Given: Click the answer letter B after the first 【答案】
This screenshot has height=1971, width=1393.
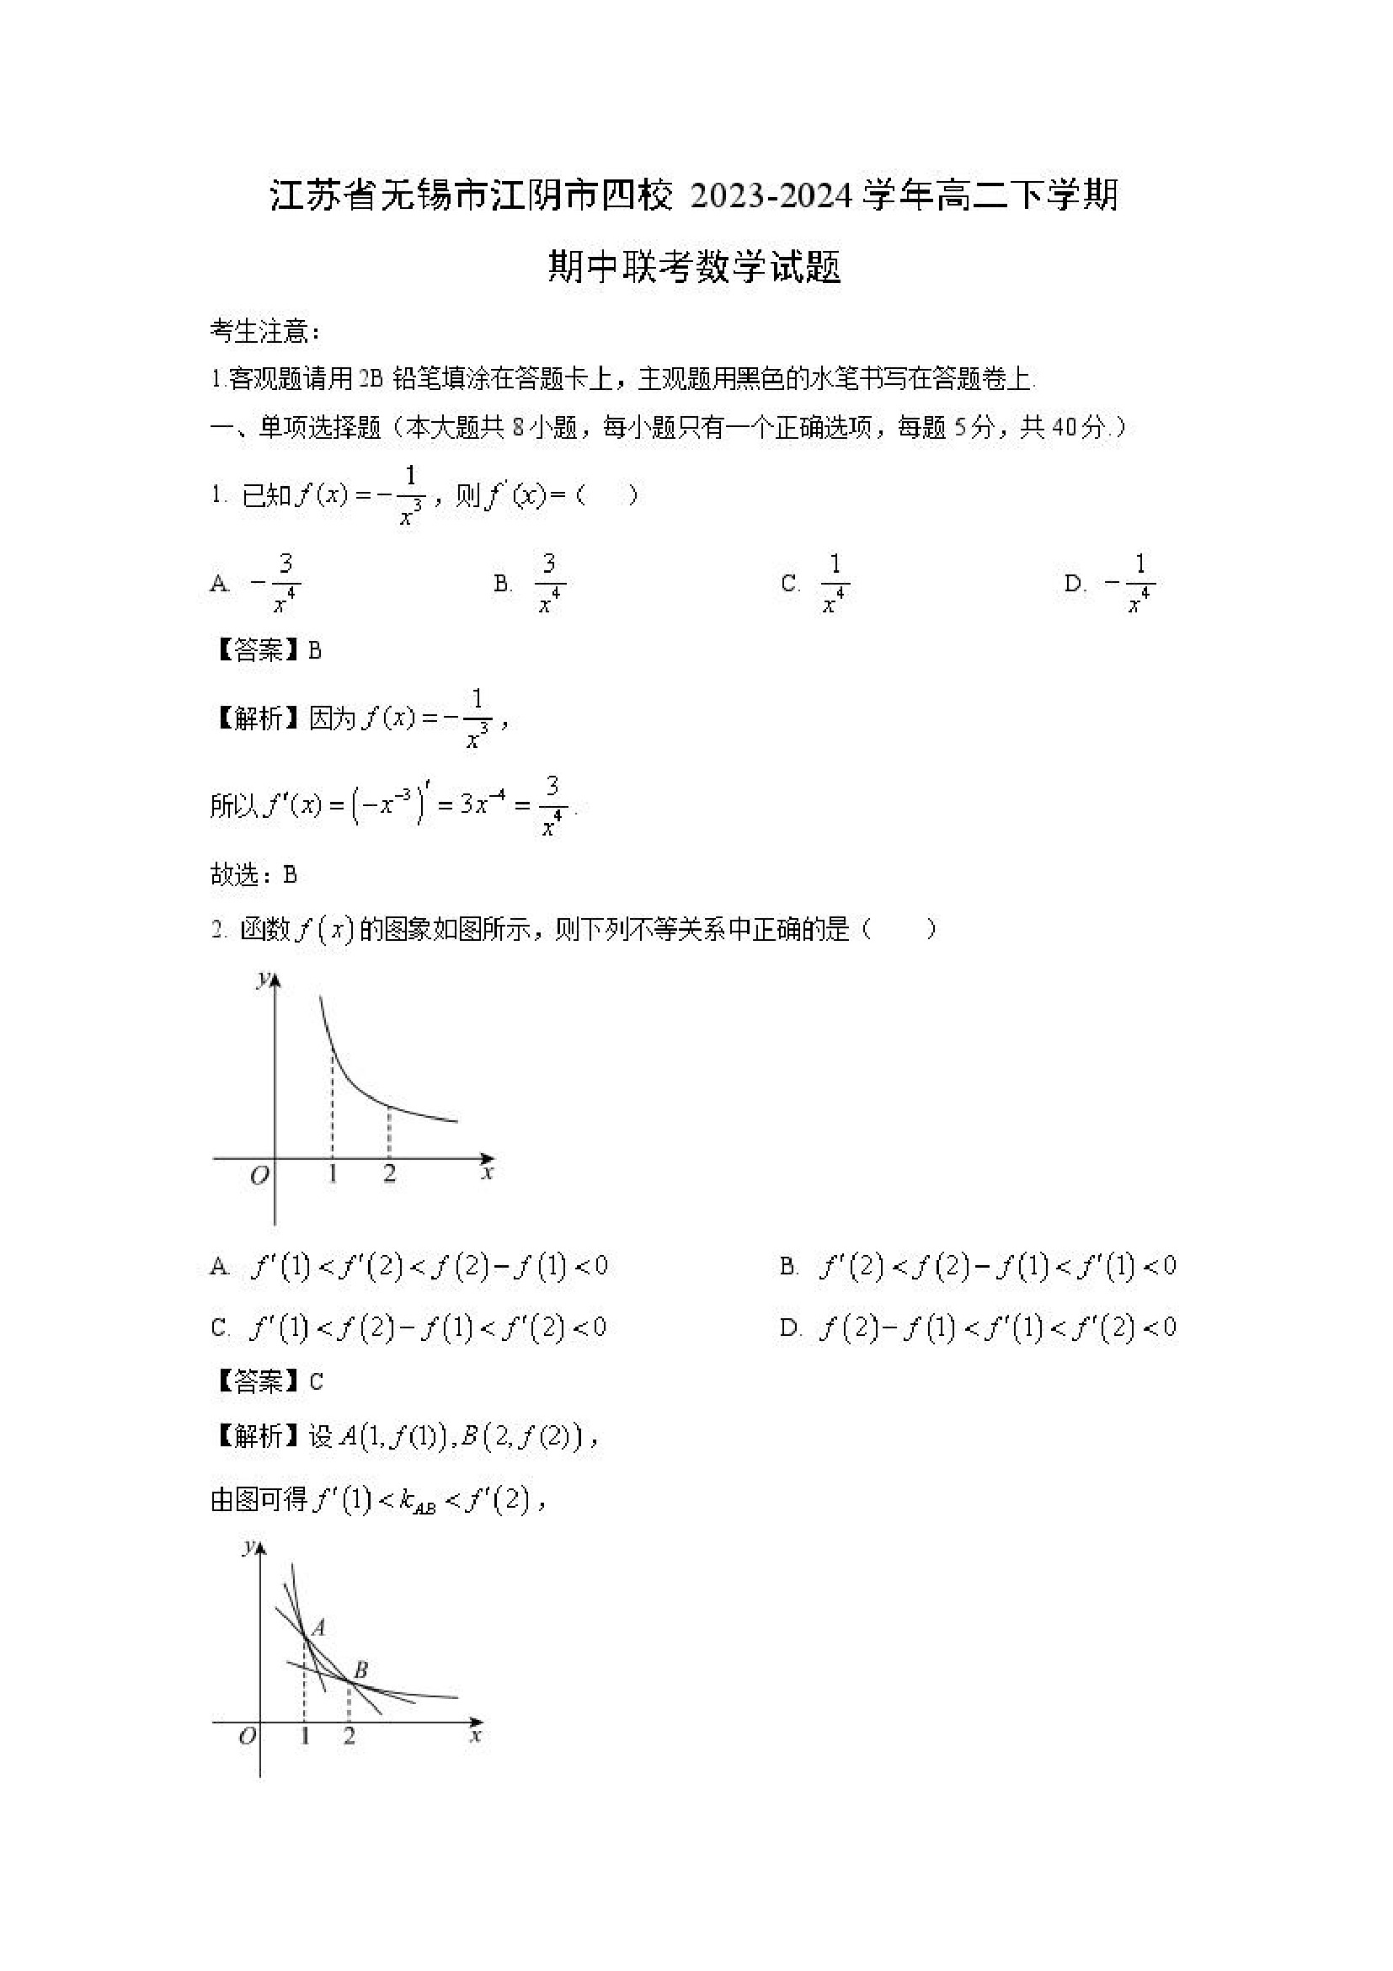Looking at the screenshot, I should pos(315,651).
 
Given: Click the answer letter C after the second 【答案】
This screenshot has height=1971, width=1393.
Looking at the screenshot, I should pos(316,1381).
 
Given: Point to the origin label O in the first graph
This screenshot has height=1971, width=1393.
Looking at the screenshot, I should pos(259,1175).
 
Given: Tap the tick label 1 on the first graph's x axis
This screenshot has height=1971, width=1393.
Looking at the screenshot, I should pos(333,1173).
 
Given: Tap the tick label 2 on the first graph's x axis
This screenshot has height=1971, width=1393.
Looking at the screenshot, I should pos(390,1173).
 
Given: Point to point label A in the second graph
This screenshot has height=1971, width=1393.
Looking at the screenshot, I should pos(318,1626).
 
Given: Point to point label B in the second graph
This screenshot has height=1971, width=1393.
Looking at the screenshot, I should pos(361,1669).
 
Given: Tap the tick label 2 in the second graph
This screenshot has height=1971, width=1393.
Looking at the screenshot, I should pos(350,1737).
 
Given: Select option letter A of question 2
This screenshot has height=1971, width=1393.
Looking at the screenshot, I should pos(220,1267).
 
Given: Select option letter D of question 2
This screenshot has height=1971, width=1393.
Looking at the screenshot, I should pos(790,1329).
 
